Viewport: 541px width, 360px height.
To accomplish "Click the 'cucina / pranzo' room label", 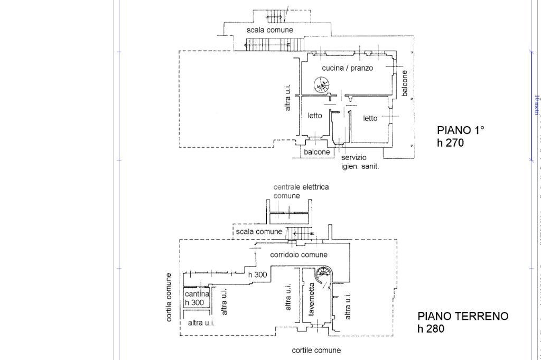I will tap(347, 68).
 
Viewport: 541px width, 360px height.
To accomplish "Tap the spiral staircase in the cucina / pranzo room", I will tap(321, 84).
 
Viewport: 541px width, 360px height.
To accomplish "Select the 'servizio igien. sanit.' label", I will tap(360, 162).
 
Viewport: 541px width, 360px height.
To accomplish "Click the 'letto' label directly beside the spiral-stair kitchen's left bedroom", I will tap(315, 116).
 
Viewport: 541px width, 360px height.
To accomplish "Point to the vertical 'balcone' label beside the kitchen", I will tap(405, 83).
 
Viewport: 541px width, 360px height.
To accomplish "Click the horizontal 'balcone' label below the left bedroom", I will tap(317, 152).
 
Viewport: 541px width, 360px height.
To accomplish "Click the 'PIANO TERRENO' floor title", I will tap(463, 316).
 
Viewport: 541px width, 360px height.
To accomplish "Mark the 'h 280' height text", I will tap(431, 329).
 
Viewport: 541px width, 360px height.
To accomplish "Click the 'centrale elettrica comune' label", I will tap(301, 191).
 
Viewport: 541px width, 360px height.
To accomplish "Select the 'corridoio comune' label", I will tap(299, 254).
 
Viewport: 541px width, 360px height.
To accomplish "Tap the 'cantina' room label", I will tap(197, 293).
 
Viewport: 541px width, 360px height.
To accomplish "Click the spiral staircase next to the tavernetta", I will tap(323, 274).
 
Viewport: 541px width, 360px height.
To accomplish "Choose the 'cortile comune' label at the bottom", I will tap(316, 350).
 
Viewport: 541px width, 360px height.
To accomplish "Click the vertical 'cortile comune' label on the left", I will tap(169, 297).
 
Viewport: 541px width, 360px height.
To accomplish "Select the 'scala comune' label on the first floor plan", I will tap(269, 30).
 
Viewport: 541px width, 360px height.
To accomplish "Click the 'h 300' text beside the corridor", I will tap(257, 274).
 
